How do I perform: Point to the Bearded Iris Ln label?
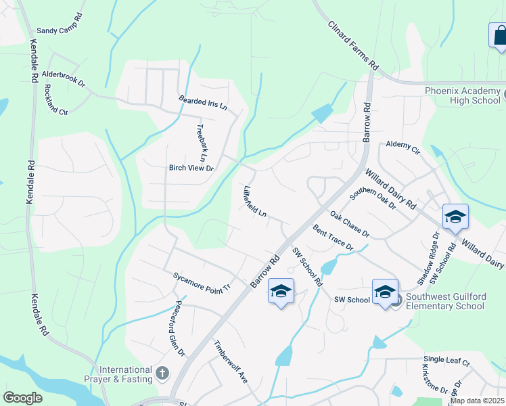tap(203, 103)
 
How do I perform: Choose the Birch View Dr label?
tap(191, 168)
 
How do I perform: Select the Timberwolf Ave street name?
tap(232, 362)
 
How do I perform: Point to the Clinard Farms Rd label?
tap(352, 45)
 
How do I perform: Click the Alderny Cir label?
tap(402, 145)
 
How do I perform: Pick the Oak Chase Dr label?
tap(349, 225)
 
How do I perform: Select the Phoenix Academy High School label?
tap(463, 95)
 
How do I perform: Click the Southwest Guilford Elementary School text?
tap(451, 301)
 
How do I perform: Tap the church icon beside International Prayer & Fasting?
tap(162, 372)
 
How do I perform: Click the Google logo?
tap(23, 398)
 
